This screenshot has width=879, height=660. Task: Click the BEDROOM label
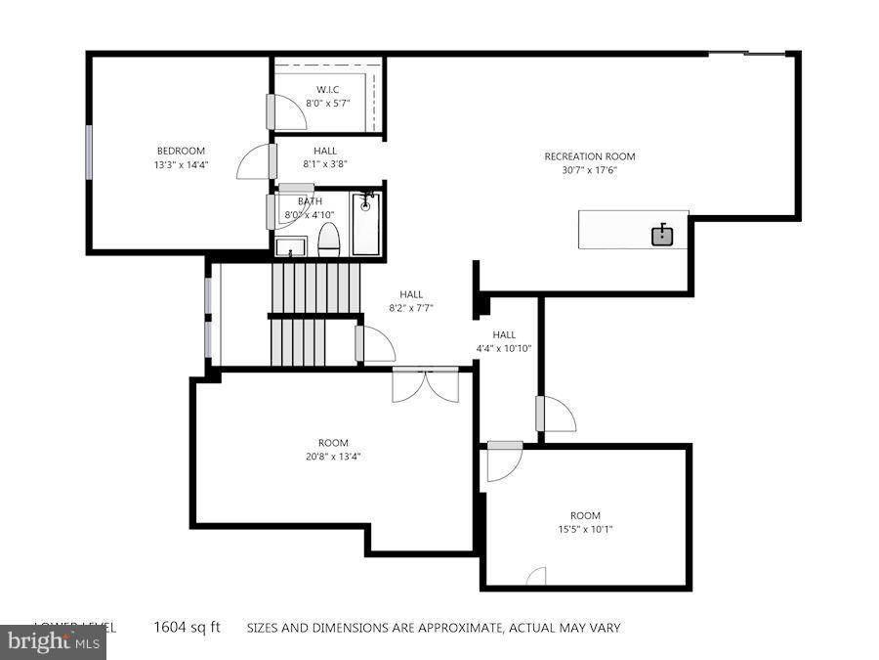pyautogui.click(x=181, y=151)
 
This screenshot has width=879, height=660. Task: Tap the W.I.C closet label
pyautogui.click(x=327, y=89)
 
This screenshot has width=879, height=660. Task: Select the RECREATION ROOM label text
pyautogui.click(x=590, y=156)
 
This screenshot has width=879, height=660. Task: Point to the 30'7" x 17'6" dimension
pyautogui.click(x=590, y=170)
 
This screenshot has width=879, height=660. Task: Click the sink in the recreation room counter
pyautogui.click(x=663, y=235)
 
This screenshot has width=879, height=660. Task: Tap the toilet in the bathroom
pyautogui.click(x=329, y=240)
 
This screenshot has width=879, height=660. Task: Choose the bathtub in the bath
pyautogui.click(x=366, y=224)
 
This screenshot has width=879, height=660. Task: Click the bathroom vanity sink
pyautogui.click(x=290, y=246)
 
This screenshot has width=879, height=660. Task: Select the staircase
pyautogui.click(x=314, y=313)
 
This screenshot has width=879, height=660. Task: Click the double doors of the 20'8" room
pyautogui.click(x=425, y=385)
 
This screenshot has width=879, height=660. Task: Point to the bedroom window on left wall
pyautogui.click(x=89, y=152)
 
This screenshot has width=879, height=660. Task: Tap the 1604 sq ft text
pyautogui.click(x=187, y=628)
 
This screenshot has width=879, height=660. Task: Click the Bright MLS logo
pyautogui.click(x=54, y=642)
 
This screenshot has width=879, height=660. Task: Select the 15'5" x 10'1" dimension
pyautogui.click(x=585, y=530)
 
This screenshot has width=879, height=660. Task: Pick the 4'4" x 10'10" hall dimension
pyautogui.click(x=504, y=348)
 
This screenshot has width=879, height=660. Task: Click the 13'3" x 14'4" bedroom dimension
pyautogui.click(x=181, y=165)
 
